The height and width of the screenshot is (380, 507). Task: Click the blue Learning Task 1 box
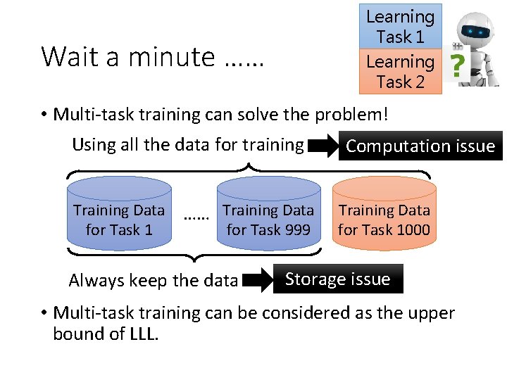[400, 26]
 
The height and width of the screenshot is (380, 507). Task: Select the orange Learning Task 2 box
[400, 71]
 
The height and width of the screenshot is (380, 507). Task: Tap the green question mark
[458, 68]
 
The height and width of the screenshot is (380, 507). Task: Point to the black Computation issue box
[420, 146]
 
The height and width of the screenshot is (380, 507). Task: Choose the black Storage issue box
[337, 279]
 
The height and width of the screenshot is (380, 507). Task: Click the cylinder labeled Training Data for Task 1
[119, 213]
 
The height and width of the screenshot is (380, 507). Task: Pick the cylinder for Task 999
[268, 213]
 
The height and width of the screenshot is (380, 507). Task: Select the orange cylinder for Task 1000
[384, 213]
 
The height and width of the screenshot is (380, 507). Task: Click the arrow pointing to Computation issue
[323, 146]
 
